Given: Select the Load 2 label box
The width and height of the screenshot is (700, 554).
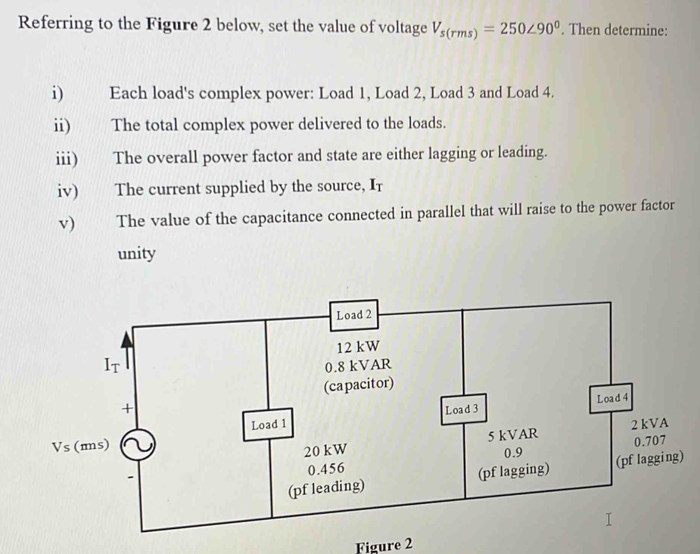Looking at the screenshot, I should point(354,315).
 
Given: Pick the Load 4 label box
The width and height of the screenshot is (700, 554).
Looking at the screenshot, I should point(613,398).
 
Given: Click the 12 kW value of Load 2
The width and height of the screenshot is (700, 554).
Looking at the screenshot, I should point(357,347).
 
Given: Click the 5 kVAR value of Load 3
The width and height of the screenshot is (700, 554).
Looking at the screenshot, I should point(513,435).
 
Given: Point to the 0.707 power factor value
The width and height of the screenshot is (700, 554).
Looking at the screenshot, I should point(652,441).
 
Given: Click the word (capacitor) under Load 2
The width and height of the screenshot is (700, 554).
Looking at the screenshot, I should point(358,384).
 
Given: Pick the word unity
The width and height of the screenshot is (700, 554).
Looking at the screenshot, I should point(136,254).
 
